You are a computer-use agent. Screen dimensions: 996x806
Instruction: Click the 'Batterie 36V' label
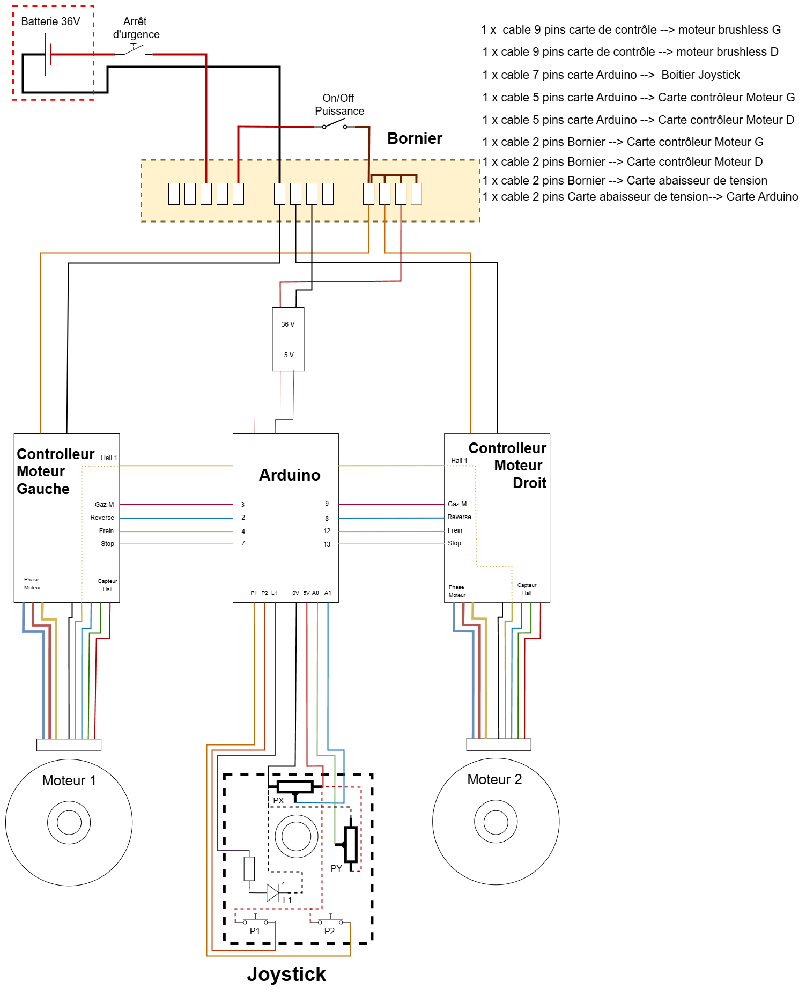coord(50,21)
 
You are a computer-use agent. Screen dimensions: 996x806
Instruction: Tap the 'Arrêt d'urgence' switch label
coord(136,28)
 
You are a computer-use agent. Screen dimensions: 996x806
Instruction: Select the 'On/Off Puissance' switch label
coord(339,105)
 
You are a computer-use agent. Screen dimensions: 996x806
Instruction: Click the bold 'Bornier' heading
coord(415,138)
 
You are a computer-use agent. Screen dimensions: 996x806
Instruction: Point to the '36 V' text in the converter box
coord(288,324)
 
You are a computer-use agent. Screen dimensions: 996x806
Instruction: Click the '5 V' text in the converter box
coord(289,355)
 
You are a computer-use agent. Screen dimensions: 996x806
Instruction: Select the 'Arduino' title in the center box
coord(290,475)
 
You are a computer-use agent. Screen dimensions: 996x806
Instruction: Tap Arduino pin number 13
coord(327,544)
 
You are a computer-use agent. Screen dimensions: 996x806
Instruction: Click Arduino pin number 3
coord(243,505)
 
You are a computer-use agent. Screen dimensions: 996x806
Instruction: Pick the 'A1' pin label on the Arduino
coord(328,593)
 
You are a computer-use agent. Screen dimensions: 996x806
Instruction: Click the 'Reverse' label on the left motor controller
coord(102,518)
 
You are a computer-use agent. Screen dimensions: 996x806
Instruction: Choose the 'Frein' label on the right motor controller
coord(455,530)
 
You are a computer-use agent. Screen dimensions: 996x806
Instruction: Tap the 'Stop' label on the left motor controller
coord(107,544)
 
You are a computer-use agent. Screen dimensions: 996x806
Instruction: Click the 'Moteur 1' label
coord(69,780)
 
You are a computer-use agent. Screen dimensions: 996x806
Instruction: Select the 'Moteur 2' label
coord(494,779)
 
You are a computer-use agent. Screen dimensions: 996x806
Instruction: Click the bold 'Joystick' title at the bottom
coord(286,974)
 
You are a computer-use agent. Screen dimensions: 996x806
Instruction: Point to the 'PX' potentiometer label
coord(278,800)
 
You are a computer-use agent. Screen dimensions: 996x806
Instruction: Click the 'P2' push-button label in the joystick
coord(329,931)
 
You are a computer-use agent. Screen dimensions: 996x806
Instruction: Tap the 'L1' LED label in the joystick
coord(287,900)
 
